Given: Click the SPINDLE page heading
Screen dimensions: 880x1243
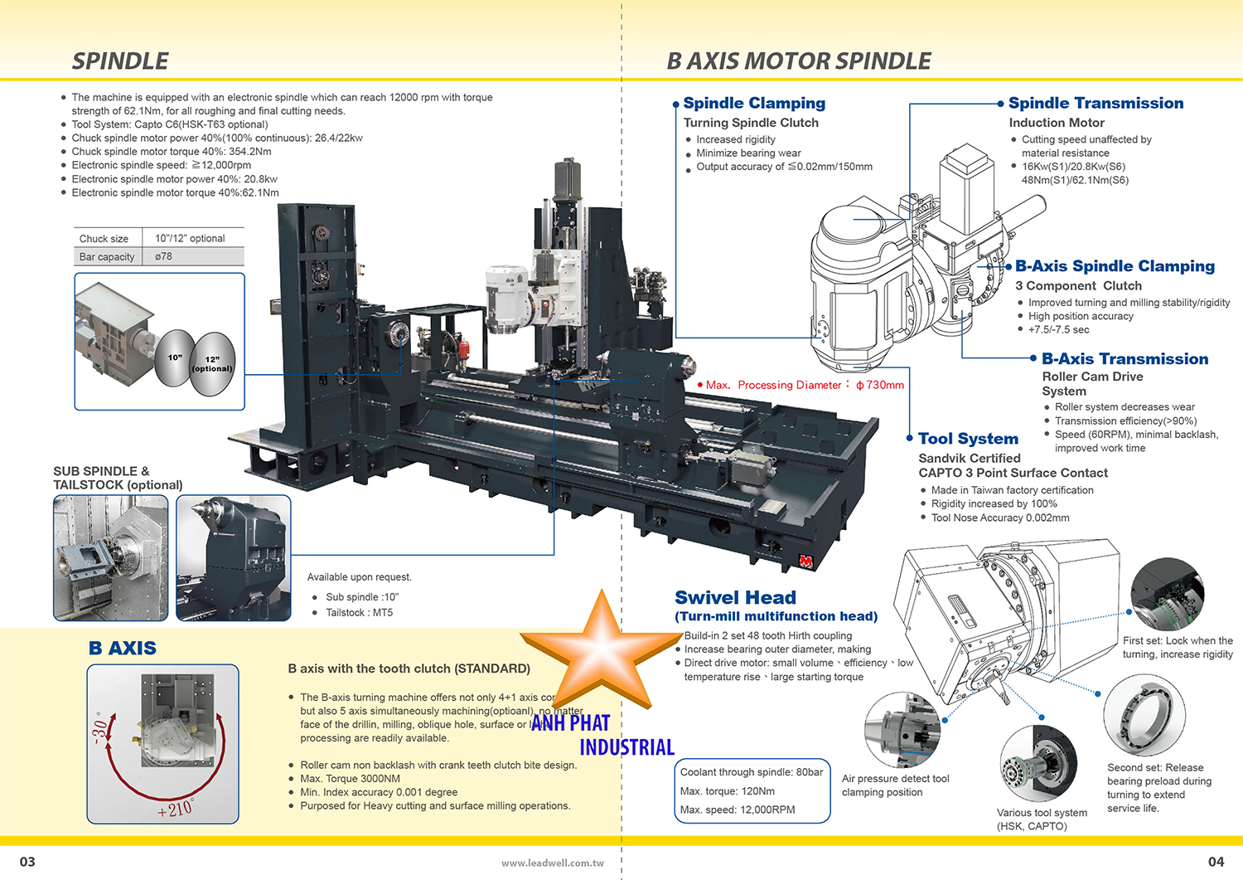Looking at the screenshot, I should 120,61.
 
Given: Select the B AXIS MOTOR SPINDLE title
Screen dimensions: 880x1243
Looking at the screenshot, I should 799,61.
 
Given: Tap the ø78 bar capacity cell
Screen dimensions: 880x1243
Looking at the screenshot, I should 164,257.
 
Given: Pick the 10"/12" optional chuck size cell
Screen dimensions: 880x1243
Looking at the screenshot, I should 190,238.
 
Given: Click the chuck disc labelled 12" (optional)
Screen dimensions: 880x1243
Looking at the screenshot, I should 213,362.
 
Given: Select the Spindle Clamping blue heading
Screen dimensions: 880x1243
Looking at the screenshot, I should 754,104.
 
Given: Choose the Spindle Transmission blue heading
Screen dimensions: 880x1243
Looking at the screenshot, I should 1095,104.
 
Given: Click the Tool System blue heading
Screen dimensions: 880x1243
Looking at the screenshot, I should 968,439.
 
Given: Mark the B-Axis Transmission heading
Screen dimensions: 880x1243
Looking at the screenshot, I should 1125,359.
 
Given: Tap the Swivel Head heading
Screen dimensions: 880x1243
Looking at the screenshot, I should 735,598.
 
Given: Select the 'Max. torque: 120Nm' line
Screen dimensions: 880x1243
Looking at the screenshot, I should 728,791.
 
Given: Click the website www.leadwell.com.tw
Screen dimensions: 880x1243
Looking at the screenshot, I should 552,863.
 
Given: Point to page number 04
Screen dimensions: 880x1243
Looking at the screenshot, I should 1216,862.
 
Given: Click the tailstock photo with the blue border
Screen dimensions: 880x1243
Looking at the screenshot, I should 234,557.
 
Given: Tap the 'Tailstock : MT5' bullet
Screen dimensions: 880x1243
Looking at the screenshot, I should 359,613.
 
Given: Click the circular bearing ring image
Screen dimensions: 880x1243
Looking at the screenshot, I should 1144,715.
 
